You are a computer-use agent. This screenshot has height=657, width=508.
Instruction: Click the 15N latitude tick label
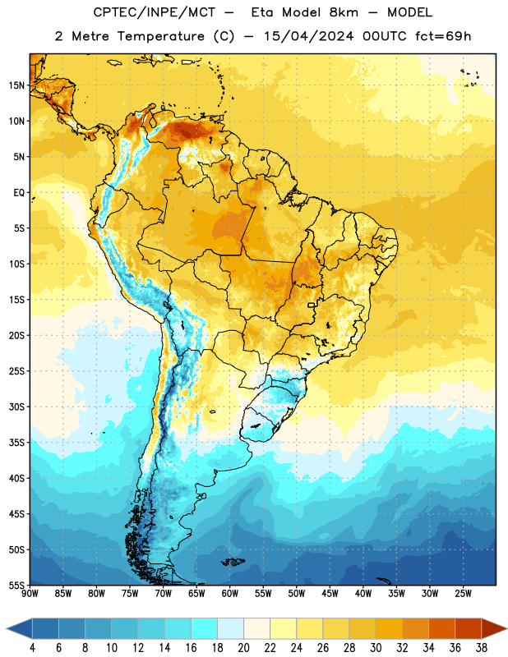point(16,85)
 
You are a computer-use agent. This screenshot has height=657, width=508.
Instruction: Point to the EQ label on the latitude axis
point(19,193)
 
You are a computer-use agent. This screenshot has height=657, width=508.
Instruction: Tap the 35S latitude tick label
point(16,443)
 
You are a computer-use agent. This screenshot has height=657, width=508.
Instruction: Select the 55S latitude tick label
point(16,585)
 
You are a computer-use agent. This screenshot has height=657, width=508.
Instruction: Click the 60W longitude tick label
point(230,593)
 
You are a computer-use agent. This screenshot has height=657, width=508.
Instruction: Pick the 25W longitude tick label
point(463,593)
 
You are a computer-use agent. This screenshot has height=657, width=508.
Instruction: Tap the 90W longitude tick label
point(30,593)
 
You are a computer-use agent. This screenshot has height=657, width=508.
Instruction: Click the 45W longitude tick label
point(330,593)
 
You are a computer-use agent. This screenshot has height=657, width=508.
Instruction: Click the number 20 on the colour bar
point(243,648)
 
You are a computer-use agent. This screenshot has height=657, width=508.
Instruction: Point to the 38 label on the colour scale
point(481,648)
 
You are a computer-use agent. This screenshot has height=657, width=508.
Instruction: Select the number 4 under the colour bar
point(33,648)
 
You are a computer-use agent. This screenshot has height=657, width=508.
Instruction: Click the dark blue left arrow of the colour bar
point(19,628)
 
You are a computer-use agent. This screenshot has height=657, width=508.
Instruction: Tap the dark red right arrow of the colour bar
point(494,628)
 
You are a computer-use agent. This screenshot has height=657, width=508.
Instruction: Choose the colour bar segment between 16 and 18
point(204,628)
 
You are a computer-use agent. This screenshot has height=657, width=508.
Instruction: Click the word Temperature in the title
point(160,36)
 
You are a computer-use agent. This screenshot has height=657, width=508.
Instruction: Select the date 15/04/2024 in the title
point(309,36)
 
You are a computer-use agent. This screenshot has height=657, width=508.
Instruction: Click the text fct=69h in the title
point(443,36)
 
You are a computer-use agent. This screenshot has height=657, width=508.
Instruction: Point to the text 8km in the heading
point(344,12)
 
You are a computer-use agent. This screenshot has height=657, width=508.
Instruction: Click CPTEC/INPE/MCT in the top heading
point(154,12)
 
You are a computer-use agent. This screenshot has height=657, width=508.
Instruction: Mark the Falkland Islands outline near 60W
point(233,562)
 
